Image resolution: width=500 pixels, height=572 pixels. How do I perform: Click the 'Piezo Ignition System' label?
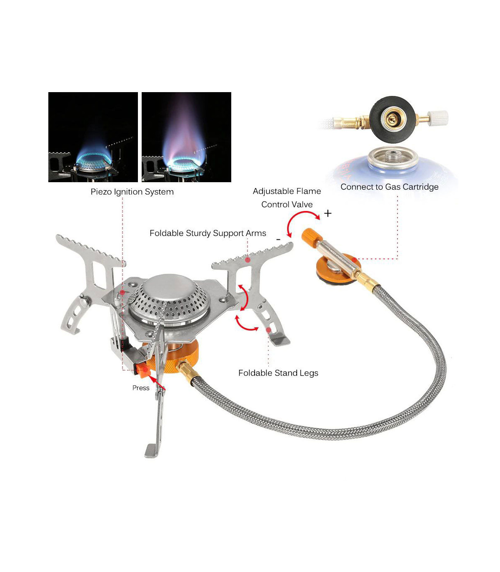coord(132,192)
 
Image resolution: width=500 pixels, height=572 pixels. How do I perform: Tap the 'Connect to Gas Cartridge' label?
coord(390,187)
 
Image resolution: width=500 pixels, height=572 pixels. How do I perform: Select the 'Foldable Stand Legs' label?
coord(278,373)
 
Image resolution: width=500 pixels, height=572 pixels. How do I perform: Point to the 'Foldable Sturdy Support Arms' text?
coord(208,233)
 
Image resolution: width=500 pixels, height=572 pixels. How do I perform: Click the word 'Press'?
coord(141,388)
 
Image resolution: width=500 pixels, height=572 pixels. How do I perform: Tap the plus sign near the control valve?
coord(327,213)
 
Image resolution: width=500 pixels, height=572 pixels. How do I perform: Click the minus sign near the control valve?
coord(278,239)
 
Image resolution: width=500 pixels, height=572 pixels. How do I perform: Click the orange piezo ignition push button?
coord(142,371)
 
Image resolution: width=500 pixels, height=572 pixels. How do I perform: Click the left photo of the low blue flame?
coord(93,137)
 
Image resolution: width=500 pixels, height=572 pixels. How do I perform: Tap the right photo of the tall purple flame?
coord(186,137)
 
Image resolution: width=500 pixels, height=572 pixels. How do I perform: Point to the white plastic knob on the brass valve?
coord(437,118)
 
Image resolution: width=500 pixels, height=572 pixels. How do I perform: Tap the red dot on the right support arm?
coord(247,260)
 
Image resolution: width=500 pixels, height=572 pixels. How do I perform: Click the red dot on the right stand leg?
coord(268,330)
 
